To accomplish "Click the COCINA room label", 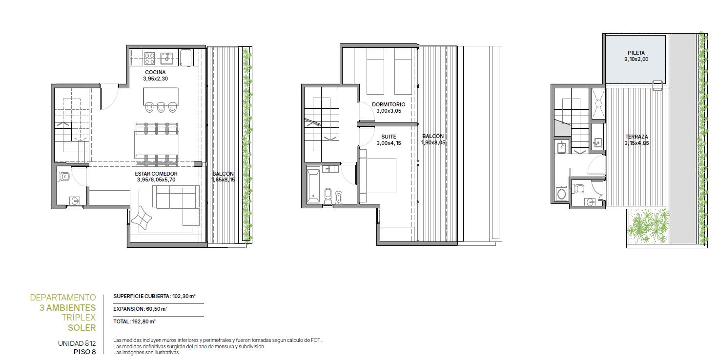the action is click(155, 72).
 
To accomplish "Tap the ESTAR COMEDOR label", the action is click(156, 174).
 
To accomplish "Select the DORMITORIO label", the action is click(389, 104).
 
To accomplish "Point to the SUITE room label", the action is click(389, 137).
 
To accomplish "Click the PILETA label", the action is click(636, 53).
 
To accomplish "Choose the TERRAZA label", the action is click(636, 137).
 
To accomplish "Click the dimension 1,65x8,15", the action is click(223, 180).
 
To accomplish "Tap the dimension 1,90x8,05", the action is click(433, 142).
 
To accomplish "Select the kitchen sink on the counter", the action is click(166, 58).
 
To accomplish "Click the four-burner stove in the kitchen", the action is click(149, 59).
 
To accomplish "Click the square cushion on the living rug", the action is click(142, 218).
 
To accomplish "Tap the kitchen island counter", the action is click(161, 97).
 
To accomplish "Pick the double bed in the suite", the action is click(378, 176).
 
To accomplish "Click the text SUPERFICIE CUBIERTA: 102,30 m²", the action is click(155, 296).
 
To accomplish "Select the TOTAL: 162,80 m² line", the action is click(134, 321).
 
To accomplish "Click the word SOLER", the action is click(82, 328).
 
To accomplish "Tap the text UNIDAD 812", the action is click(77, 344).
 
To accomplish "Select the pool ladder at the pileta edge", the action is click(657, 85).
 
